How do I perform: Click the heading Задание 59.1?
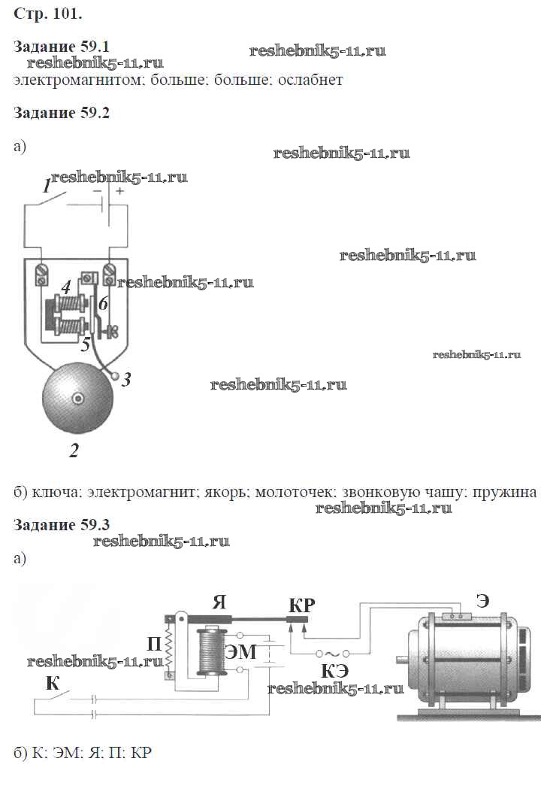point(62,47)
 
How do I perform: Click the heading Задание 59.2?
point(62,113)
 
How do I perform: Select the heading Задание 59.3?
point(62,525)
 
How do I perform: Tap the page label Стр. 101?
point(48,14)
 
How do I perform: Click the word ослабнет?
point(310,80)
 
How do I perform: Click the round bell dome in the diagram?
point(77,399)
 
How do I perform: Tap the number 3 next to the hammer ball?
point(126,379)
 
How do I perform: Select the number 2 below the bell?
point(74,451)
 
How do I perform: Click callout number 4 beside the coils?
point(66,287)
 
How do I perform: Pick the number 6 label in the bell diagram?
point(103,304)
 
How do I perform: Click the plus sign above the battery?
point(119,191)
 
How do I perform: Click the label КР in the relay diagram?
point(302,605)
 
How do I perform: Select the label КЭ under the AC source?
point(335,672)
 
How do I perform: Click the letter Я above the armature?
point(219,602)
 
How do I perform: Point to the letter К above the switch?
point(53,682)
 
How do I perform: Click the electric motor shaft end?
point(402,660)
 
